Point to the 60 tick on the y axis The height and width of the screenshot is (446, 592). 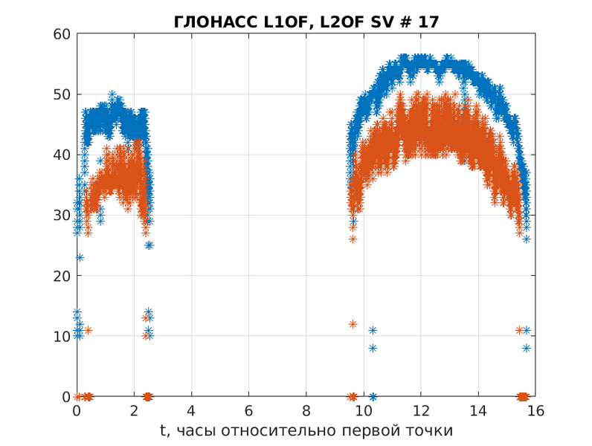pos(61,34)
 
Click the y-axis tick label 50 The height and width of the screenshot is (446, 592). pos(61,94)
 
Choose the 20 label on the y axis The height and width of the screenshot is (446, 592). pos(61,276)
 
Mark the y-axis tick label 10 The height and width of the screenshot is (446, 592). pos(61,336)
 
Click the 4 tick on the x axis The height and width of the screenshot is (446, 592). pos(191,411)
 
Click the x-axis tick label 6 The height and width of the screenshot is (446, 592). pos(248,411)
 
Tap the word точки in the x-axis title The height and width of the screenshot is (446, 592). pos(430,431)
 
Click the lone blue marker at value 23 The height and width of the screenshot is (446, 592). pos(80,257)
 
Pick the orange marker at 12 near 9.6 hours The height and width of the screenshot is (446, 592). pos(353,324)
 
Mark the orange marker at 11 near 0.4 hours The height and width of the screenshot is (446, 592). pos(88,330)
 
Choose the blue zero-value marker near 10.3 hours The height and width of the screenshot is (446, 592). pos(373,396)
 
